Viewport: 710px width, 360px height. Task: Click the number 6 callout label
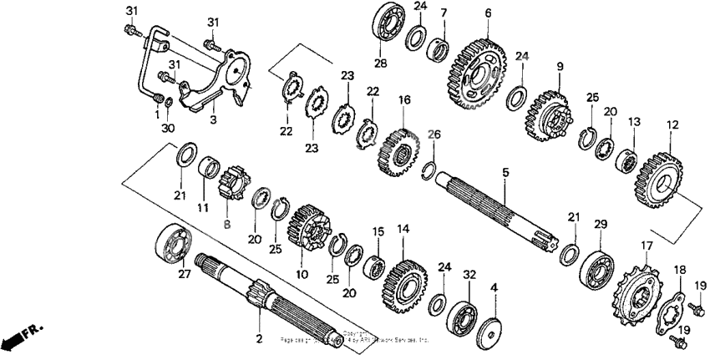pos(488,13)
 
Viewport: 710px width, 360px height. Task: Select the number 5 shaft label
pos(505,173)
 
